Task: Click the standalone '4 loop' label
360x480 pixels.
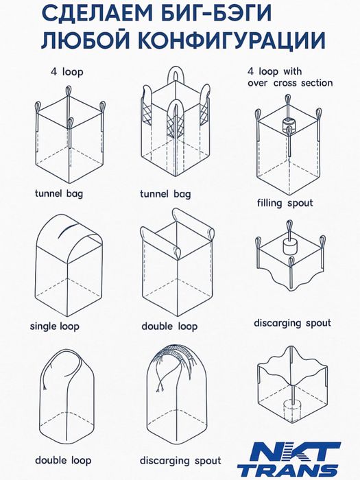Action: click(67, 72)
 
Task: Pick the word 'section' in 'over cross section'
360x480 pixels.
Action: click(317, 83)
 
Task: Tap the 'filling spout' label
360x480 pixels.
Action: click(285, 203)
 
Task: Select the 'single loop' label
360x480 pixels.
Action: click(54, 326)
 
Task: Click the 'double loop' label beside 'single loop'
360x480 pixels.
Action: click(169, 326)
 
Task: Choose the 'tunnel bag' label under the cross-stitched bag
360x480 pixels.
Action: click(165, 194)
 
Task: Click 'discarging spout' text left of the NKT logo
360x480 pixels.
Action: click(180, 461)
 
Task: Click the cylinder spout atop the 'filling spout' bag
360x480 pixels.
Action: click(289, 124)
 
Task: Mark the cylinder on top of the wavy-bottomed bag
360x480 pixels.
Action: click(289, 245)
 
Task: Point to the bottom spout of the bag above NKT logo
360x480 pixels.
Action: click(291, 411)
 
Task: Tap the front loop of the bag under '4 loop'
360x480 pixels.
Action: click(70, 124)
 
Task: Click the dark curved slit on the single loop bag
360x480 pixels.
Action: click(66, 230)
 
